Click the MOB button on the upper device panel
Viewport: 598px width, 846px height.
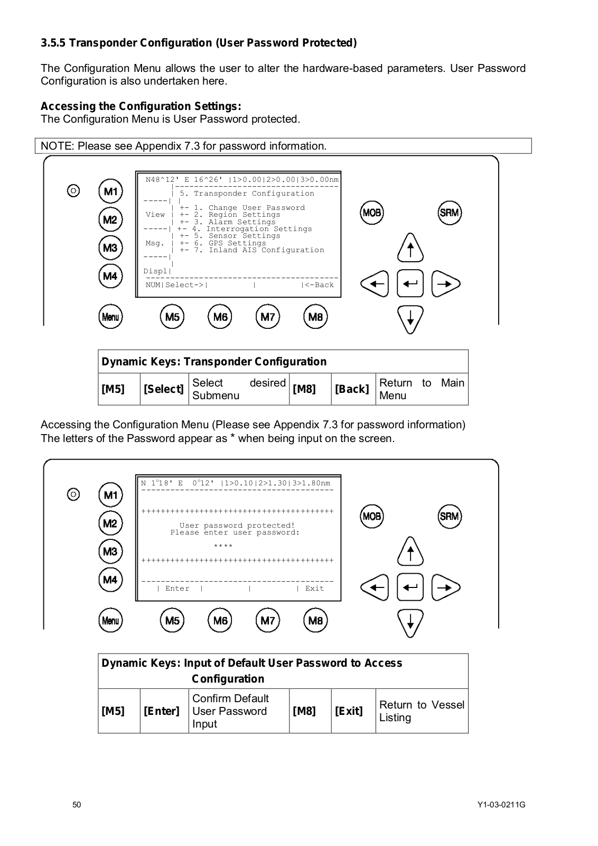click(x=372, y=213)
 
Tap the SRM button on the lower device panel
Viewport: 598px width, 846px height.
click(x=450, y=517)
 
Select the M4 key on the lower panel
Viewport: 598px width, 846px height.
click(x=110, y=580)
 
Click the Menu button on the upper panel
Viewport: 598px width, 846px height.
click(x=110, y=317)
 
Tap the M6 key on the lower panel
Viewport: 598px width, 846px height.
click(x=220, y=621)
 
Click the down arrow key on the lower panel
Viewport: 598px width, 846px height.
click(x=410, y=623)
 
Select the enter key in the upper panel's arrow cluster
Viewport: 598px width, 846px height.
click(x=410, y=284)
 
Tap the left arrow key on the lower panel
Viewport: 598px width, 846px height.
click(x=375, y=587)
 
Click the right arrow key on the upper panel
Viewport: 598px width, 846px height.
click(x=446, y=284)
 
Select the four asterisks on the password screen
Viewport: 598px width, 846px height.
click(x=223, y=546)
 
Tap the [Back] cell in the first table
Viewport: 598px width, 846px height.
click(x=352, y=389)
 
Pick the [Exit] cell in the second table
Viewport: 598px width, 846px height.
click(x=349, y=711)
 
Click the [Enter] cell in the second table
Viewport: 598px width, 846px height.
click(x=162, y=711)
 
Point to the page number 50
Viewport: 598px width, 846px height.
click(x=77, y=805)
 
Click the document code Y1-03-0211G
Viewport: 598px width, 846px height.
click(x=501, y=805)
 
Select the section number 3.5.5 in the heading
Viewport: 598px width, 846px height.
click(x=53, y=43)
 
